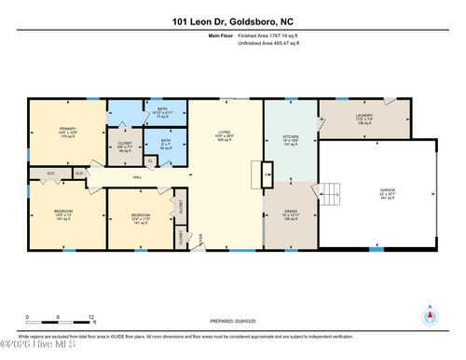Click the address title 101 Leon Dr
point(233,21)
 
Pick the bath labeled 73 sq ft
point(162,114)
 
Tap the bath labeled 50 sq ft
point(165,145)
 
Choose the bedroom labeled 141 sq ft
point(140,219)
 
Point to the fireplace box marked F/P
point(266,173)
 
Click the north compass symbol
point(429,315)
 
